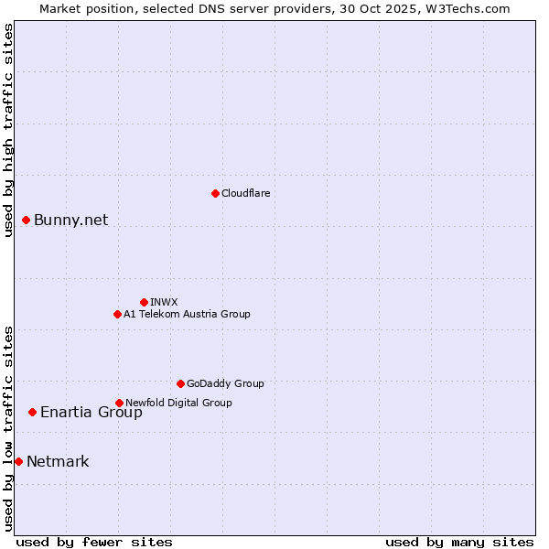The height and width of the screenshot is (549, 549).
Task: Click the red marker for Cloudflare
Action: [215, 193]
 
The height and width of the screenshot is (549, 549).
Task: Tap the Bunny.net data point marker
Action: [26, 220]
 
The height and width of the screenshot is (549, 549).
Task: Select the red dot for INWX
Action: [144, 302]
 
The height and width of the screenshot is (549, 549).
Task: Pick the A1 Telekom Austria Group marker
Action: [117, 314]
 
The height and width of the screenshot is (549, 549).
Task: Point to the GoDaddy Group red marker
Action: [180, 383]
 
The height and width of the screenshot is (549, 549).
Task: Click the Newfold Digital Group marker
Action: [119, 403]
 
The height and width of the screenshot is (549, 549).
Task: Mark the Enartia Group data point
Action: [32, 412]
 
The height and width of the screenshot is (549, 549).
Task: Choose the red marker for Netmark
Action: [18, 461]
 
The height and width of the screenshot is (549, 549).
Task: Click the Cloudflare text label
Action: [245, 193]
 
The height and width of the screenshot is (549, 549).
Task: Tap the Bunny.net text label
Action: [70, 220]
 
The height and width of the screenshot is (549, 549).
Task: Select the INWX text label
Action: [164, 302]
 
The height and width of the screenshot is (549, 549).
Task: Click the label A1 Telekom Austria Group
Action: [187, 314]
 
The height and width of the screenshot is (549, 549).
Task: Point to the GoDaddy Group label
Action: [225, 383]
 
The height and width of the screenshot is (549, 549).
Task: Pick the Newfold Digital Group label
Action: [178, 403]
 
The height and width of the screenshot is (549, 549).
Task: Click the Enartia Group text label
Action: [91, 412]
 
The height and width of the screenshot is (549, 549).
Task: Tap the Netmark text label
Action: [58, 461]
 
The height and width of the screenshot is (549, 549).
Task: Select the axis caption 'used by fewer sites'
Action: [94, 542]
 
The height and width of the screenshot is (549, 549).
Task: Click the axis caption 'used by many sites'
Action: [459, 542]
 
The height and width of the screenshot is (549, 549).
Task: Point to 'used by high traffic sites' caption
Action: [9, 130]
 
